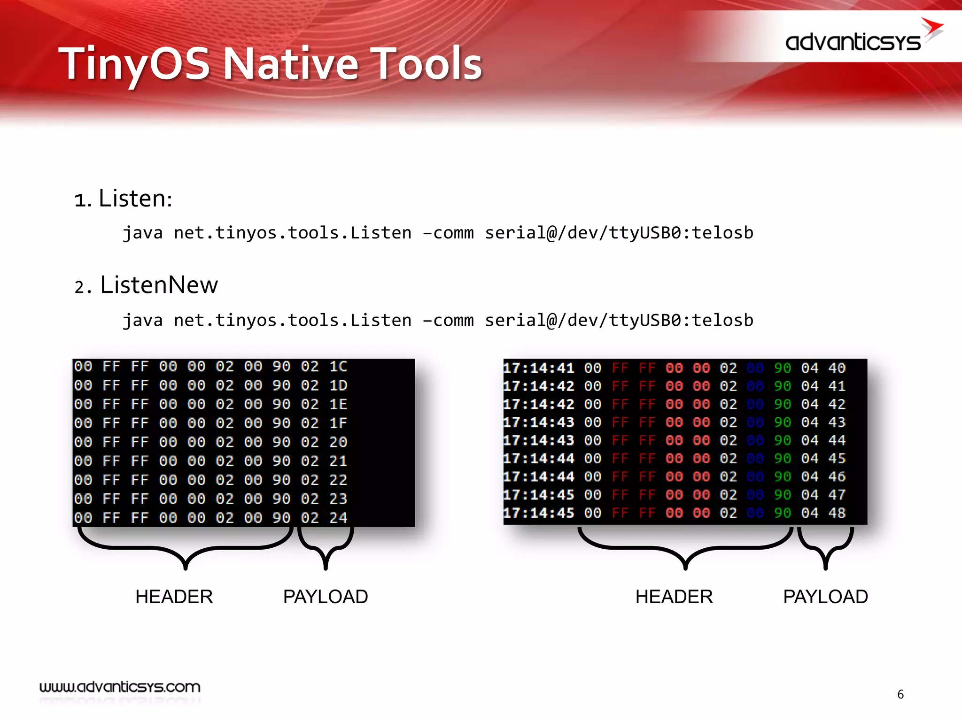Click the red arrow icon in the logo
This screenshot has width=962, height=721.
click(x=932, y=29)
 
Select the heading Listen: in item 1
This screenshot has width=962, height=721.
click(x=135, y=199)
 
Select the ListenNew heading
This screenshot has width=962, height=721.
click(x=159, y=285)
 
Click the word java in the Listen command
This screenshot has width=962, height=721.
click(x=142, y=233)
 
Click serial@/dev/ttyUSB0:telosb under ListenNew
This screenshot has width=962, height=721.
click(x=619, y=320)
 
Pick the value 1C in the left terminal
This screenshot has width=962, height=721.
click(x=338, y=367)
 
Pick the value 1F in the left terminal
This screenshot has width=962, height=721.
click(x=338, y=423)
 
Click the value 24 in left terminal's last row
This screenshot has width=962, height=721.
click(x=338, y=518)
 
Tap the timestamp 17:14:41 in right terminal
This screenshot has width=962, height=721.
click(x=538, y=368)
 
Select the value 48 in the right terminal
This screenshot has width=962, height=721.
click(x=837, y=513)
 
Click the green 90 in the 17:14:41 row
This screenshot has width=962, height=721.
click(x=783, y=368)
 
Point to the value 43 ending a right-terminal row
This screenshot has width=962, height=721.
click(x=837, y=422)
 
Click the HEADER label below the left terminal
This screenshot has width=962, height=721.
click(x=174, y=597)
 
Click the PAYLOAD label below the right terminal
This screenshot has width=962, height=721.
click(x=825, y=597)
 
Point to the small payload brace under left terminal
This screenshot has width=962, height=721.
click(x=326, y=547)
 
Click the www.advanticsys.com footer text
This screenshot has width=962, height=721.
click(x=120, y=687)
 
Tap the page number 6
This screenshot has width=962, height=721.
click(x=900, y=694)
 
